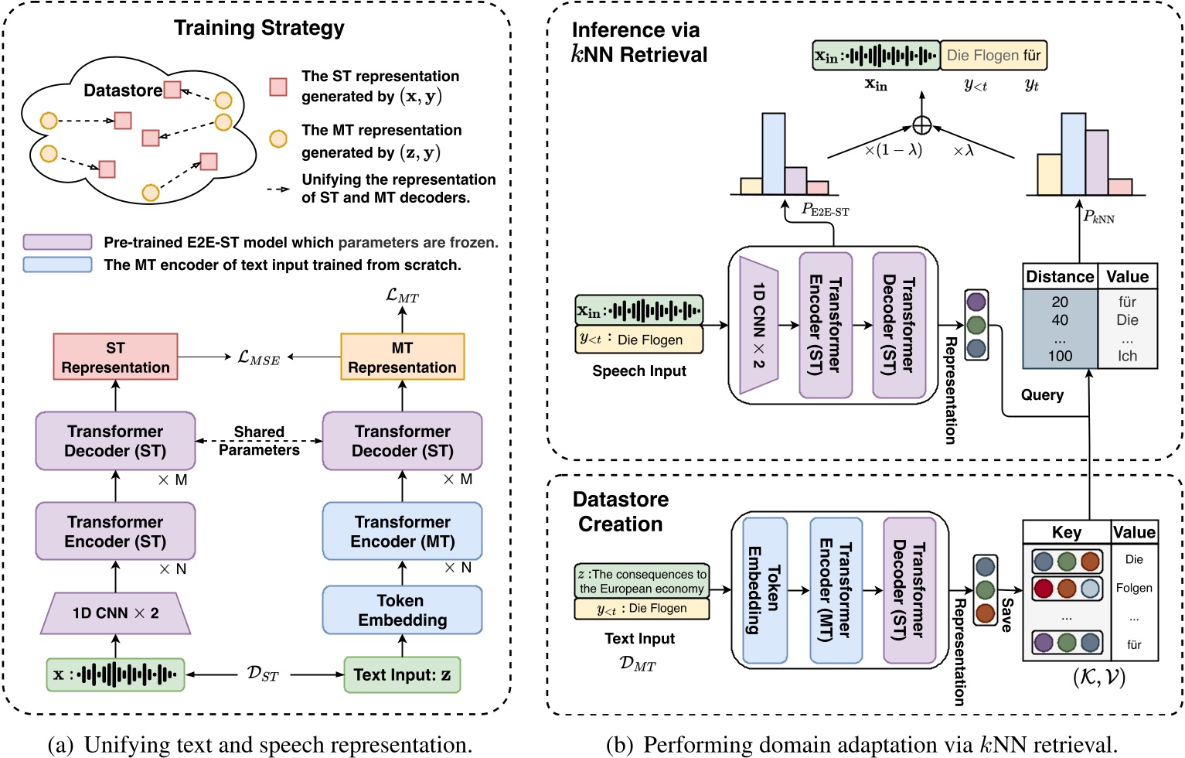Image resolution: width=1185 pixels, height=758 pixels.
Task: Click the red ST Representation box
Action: (x=115, y=357)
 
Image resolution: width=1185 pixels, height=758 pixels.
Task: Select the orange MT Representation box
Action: (x=402, y=357)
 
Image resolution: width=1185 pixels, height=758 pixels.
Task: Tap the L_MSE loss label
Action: (x=258, y=357)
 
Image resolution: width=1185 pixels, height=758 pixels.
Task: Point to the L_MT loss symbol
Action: (x=402, y=295)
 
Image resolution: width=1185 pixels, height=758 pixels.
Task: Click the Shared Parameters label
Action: (x=259, y=441)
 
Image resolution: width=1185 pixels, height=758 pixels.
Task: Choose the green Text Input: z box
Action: (x=402, y=674)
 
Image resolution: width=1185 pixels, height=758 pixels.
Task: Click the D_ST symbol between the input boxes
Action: (x=262, y=674)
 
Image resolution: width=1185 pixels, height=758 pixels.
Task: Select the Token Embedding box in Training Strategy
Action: (x=402, y=610)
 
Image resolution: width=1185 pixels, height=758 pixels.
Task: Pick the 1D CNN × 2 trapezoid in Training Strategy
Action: (x=115, y=613)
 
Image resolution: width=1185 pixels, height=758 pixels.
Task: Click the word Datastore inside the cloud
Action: (x=122, y=90)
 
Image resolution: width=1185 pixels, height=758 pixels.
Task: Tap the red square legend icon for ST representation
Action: (x=278, y=87)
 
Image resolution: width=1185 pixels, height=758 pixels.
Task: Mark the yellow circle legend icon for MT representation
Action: (x=278, y=139)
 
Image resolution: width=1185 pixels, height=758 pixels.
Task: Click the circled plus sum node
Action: (x=921, y=125)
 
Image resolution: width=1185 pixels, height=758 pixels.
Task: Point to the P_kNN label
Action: (x=1098, y=217)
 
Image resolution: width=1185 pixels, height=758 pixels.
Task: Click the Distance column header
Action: (x=1059, y=277)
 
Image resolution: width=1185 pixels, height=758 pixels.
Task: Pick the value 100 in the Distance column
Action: (x=1059, y=356)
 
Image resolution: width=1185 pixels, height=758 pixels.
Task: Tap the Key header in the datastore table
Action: (x=1066, y=532)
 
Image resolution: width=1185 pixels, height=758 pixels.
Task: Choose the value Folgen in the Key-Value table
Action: (x=1133, y=588)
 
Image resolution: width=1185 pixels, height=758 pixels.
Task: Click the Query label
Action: (x=1042, y=395)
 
